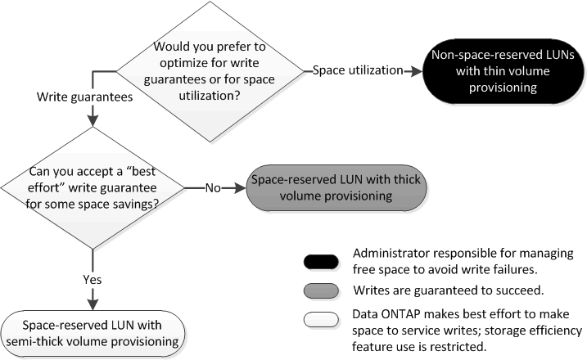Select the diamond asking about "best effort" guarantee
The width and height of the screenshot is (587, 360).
tap(93, 188)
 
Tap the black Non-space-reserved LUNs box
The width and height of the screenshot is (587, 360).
tap(498, 71)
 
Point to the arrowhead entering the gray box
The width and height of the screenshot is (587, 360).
tap(240, 188)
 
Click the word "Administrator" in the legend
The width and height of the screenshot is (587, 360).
tap(387, 253)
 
